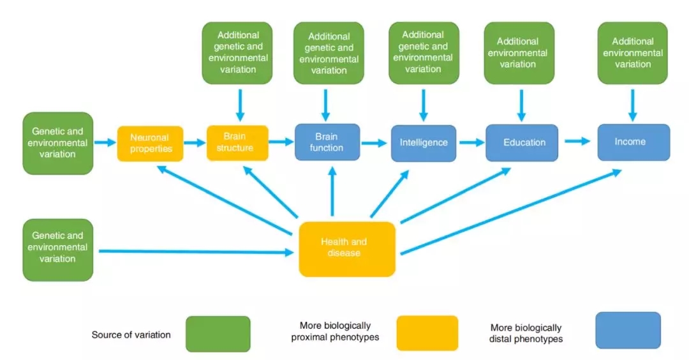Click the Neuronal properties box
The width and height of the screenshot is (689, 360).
150,143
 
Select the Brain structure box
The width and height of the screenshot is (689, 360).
237,142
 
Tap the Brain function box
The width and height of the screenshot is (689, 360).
327,142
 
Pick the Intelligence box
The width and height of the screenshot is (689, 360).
424,142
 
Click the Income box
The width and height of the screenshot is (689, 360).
633,142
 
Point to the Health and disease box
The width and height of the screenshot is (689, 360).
347,248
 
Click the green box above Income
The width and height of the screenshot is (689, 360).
632,53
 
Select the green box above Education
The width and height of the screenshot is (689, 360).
517,53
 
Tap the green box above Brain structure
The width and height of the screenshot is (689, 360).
238,52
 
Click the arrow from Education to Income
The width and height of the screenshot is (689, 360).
577,142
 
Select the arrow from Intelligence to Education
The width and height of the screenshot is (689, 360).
471,142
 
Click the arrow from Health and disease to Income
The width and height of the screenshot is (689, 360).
510,211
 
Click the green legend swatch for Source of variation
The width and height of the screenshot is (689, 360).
218,334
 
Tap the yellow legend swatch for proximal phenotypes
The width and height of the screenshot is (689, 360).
427,333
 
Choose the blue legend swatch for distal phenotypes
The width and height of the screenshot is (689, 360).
628,330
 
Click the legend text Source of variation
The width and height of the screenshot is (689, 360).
131,334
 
